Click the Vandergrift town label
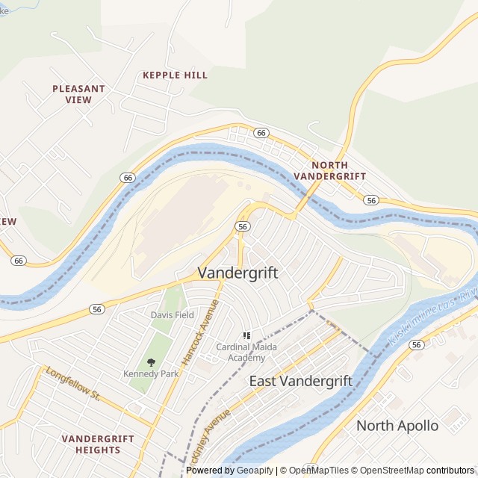click(x=238, y=273)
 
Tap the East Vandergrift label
click(x=300, y=381)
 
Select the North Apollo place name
click(x=397, y=426)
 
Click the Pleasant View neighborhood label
click(x=78, y=94)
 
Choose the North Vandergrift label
click(x=329, y=170)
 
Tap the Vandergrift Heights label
click(x=97, y=444)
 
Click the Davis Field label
click(x=172, y=315)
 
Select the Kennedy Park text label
click(x=151, y=373)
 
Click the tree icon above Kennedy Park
click(x=151, y=362)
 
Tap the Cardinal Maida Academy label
click(x=246, y=353)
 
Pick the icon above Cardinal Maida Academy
click(x=246, y=336)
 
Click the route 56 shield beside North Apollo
click(x=416, y=344)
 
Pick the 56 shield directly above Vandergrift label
click(x=242, y=226)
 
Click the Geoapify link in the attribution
click(x=255, y=471)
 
